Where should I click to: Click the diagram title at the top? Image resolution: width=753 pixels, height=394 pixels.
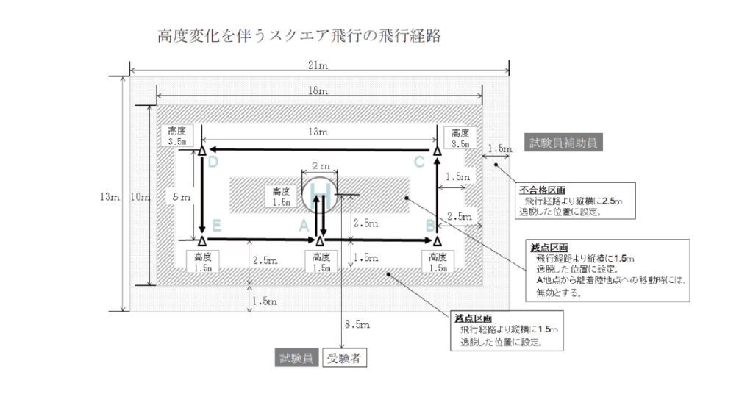point(299,35)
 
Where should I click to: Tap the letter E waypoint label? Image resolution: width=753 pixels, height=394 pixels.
point(216,227)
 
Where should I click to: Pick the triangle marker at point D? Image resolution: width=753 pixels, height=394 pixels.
point(202,151)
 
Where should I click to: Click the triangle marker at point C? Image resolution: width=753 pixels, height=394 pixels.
point(437,151)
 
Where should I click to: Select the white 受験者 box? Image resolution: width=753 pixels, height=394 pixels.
point(343,359)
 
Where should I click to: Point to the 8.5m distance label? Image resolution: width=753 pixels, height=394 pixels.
point(357,324)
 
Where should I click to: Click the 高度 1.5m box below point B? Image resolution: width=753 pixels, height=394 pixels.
point(437,262)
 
